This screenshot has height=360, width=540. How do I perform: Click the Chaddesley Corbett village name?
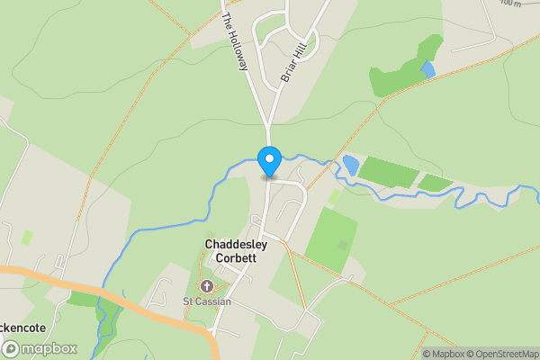231,251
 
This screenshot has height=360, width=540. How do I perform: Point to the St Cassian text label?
207,301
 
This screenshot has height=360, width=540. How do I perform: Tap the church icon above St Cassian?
207,287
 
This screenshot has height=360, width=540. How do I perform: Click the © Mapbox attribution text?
442,354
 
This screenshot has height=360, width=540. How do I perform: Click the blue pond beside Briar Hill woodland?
427,68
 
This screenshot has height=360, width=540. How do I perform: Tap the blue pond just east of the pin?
350,166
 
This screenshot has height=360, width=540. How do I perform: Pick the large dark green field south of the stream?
331,236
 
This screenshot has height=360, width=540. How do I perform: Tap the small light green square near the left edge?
27,238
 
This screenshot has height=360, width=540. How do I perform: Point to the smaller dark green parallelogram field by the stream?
436,183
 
